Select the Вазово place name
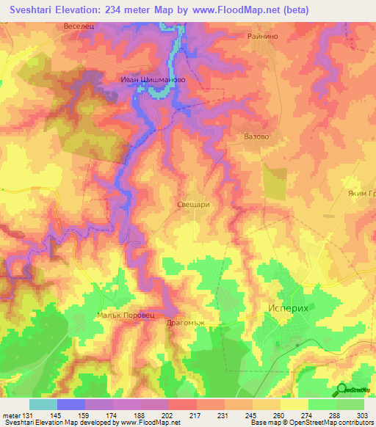point(256,136)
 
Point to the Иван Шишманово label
point(153,80)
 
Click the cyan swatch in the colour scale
point(43,404)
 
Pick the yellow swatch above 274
point(294,404)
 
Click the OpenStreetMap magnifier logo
point(342,389)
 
